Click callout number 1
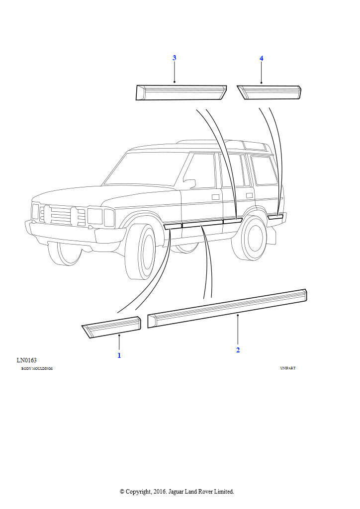119,355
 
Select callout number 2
238,350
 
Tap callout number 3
175,58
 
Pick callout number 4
262,59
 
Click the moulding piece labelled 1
111,327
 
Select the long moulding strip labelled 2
227,308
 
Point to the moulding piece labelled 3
181,92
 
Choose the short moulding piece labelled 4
269,92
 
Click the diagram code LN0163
27,360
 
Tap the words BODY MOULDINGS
37,369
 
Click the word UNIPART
288,368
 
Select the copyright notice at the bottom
177,492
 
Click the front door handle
215,197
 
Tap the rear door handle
250,195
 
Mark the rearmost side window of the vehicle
264,170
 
